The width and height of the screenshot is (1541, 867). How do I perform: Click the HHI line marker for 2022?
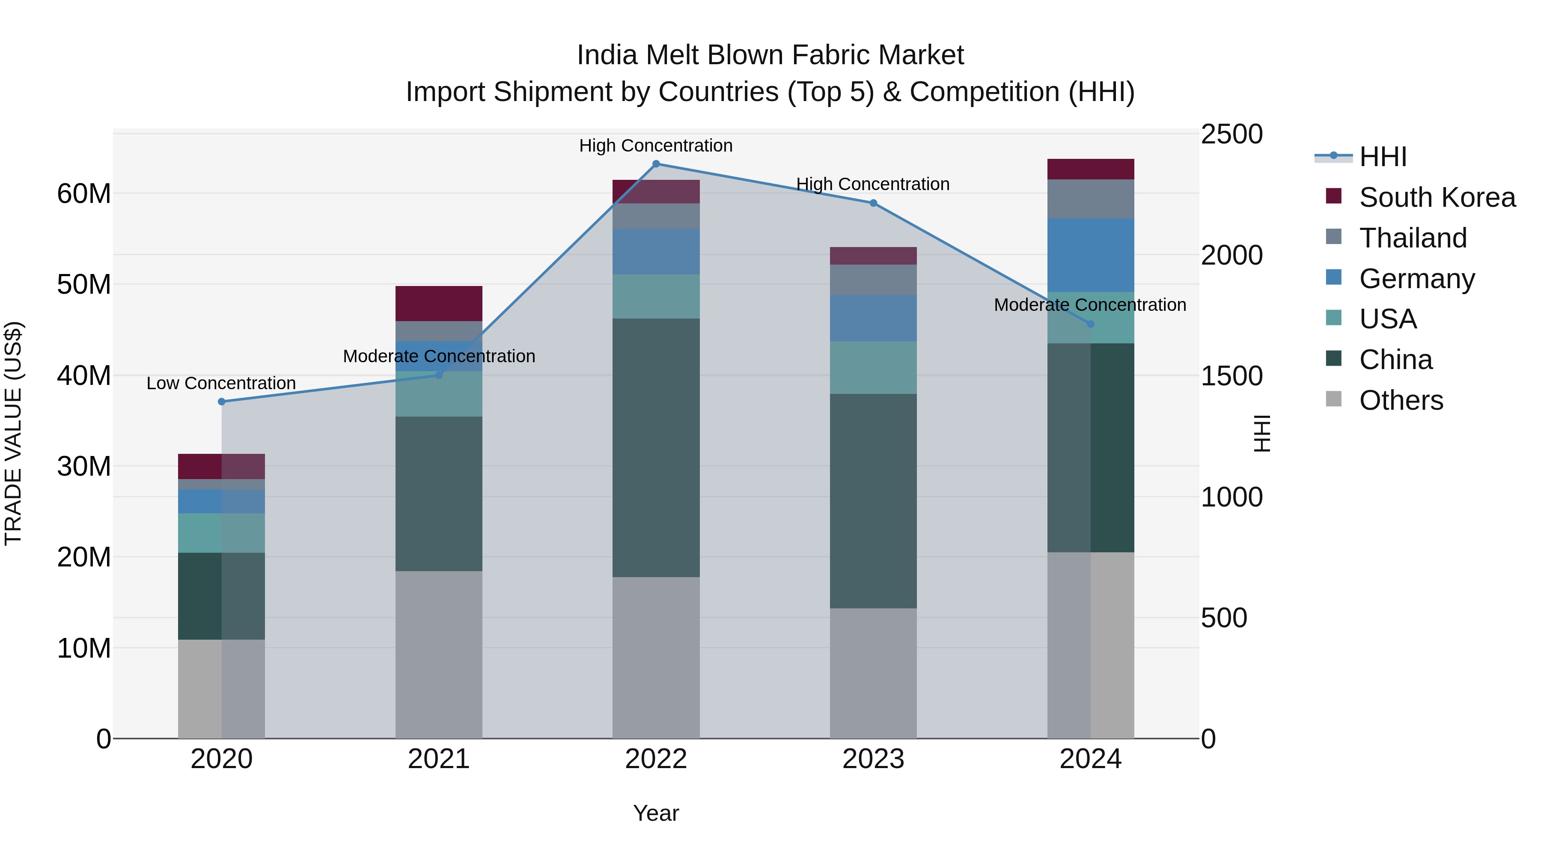[x=656, y=164]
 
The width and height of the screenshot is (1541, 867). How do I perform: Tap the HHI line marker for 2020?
[x=221, y=402]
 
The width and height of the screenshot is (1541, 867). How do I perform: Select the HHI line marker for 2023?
[x=873, y=203]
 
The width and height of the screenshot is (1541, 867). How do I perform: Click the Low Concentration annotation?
[x=221, y=383]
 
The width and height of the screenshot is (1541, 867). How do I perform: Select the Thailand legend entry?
[x=1413, y=238]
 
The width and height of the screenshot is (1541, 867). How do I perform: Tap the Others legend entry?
[x=1401, y=400]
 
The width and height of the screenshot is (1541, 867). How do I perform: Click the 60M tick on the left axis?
[x=84, y=194]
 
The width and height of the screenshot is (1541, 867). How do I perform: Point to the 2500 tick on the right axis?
[x=1231, y=134]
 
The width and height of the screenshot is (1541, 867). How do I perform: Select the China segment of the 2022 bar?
[x=656, y=447]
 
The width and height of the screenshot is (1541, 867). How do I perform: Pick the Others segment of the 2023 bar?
[x=873, y=673]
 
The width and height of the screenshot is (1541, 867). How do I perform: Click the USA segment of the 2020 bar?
[x=221, y=533]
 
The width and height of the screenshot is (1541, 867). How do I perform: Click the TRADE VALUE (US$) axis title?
[x=13, y=433]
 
